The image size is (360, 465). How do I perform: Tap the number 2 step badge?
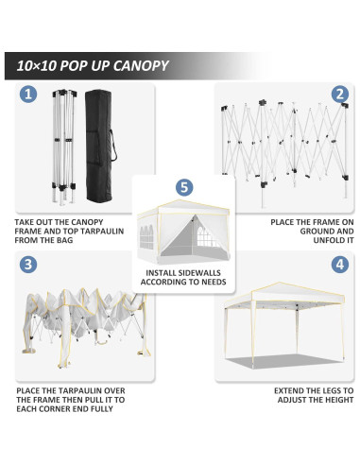(338, 95)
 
